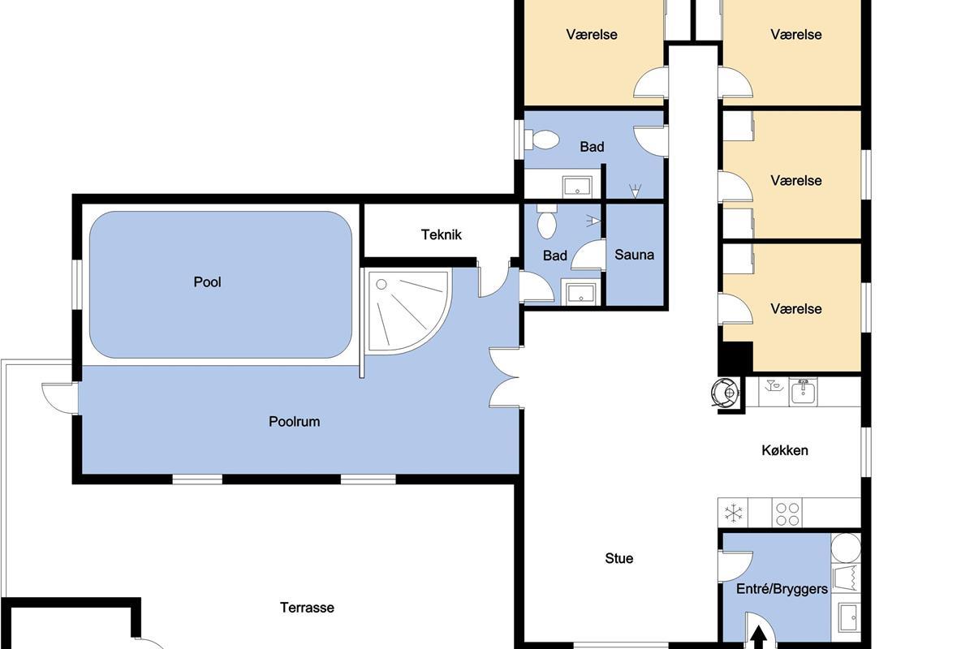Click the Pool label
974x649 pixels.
tap(208, 282)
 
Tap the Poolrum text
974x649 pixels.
tap(295, 421)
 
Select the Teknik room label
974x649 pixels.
tap(442, 234)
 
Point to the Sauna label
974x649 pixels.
tap(635, 254)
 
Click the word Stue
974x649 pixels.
tap(618, 558)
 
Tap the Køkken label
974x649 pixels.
tap(785, 450)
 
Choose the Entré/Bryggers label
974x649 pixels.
tap(782, 589)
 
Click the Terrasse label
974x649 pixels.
tap(307, 608)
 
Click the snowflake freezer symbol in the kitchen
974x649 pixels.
tap(734, 513)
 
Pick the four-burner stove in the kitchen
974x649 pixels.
tap(787, 514)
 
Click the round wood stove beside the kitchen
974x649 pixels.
tap(726, 393)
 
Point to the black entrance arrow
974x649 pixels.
tap(759, 638)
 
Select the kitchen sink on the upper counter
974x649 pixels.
tap(803, 392)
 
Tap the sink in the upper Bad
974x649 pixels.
tap(577, 187)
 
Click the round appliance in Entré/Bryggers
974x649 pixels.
tap(846, 548)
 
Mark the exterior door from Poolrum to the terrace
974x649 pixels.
tap(60, 398)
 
